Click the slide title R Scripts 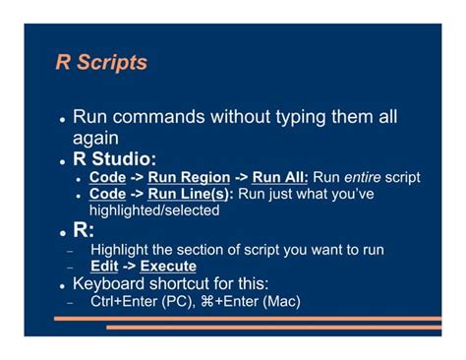click(101, 63)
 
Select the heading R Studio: click(115, 159)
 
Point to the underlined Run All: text click(280, 178)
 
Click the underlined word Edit click(104, 267)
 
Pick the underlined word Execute click(168, 267)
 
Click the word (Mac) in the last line click(279, 301)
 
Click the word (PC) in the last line click(176, 301)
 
